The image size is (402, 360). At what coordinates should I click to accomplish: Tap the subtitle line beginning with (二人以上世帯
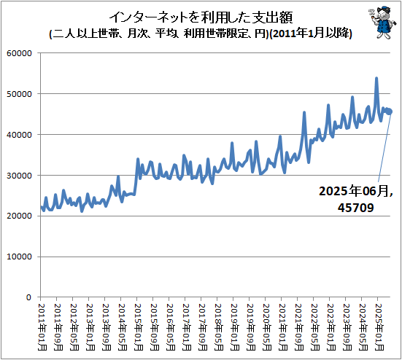pos(200,34)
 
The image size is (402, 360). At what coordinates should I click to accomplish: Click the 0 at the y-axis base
pos(27,298)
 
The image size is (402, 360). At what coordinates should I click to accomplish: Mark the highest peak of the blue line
pos(376,78)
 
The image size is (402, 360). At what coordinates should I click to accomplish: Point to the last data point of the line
pos(392,111)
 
